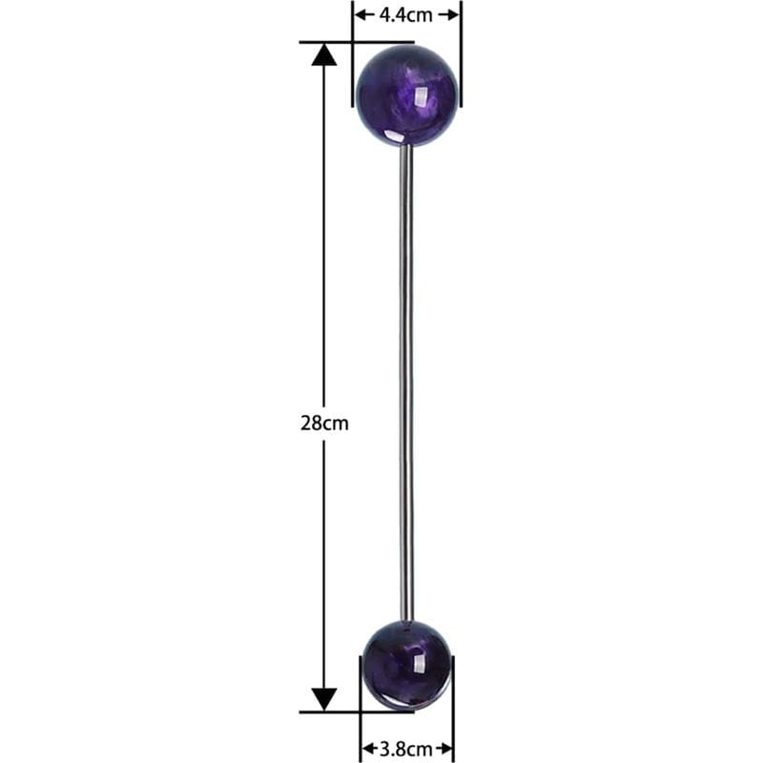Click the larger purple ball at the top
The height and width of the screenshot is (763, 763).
[406, 93]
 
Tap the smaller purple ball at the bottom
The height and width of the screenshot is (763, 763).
[406, 664]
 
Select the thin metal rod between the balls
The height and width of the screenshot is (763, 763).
[406, 381]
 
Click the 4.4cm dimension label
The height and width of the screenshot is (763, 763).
[406, 14]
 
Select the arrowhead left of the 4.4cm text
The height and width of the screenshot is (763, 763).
[361, 14]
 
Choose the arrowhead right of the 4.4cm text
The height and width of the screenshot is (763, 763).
[453, 14]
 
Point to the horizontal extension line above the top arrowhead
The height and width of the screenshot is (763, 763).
[334, 42]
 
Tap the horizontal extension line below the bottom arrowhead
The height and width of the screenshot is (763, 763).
[334, 711]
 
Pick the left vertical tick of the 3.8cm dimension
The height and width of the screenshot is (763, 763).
[360, 725]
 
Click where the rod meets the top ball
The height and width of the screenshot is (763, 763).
[406, 146]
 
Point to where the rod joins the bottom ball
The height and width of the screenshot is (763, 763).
[407, 619]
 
